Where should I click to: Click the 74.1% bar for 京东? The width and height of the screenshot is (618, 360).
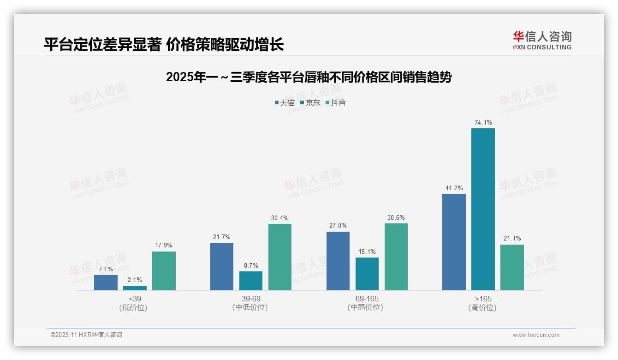point(483,209)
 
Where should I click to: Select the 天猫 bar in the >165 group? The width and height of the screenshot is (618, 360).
point(454,242)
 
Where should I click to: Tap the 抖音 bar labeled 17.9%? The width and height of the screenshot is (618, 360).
point(164,271)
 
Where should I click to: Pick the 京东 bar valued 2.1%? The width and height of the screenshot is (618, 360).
point(135,288)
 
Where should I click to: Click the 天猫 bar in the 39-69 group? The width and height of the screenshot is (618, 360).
point(222,267)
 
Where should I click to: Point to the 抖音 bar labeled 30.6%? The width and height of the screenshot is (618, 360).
point(396,257)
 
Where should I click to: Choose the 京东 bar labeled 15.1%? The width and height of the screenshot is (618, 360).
point(367,274)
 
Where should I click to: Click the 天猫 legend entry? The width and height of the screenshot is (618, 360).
point(285,102)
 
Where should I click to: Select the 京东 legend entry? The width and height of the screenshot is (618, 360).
point(310,102)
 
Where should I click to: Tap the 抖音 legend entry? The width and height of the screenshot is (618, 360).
point(336,102)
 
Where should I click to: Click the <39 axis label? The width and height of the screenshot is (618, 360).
point(135,299)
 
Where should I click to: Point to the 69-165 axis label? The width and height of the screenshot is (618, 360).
point(367,299)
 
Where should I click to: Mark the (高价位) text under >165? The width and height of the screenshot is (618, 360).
point(482,307)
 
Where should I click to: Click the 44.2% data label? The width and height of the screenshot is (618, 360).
point(454,188)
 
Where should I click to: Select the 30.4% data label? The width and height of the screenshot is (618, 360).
point(280,218)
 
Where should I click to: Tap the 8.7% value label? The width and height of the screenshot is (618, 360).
point(251,265)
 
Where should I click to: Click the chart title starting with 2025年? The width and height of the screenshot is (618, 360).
point(309,77)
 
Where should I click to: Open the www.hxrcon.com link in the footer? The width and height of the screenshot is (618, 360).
point(536,335)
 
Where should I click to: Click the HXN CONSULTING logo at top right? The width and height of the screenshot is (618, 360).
point(542,41)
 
